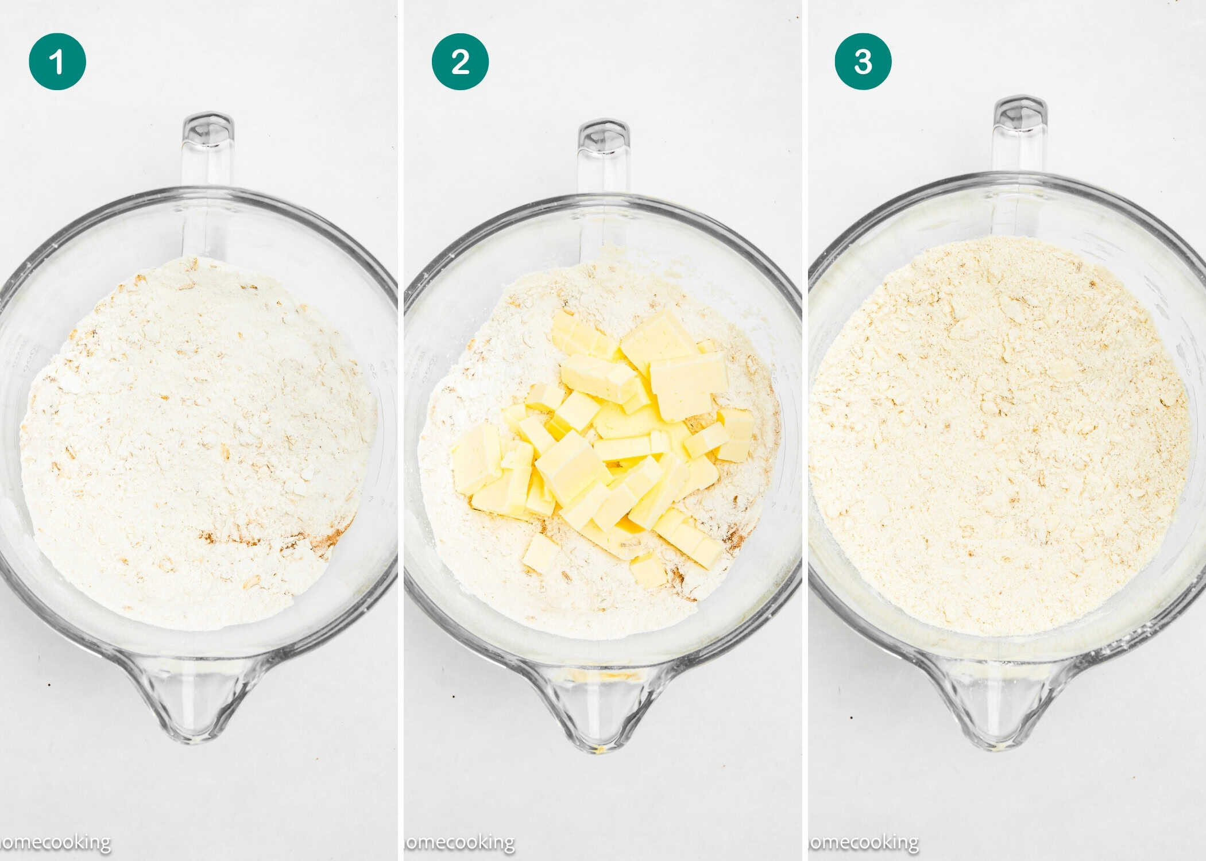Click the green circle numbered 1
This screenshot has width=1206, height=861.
point(57,61)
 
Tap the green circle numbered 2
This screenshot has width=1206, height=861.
point(460,61)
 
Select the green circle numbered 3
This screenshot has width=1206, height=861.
point(863,61)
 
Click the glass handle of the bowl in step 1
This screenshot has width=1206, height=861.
point(207,149)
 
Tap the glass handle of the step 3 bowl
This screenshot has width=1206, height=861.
point(1020,135)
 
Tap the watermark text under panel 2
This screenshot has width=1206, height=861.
point(459,843)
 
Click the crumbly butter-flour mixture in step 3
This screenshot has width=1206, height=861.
point(999,436)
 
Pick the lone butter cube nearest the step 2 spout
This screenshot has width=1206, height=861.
point(648,571)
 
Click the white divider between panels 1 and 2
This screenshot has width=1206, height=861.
point(400,430)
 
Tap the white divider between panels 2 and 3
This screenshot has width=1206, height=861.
point(805,430)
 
